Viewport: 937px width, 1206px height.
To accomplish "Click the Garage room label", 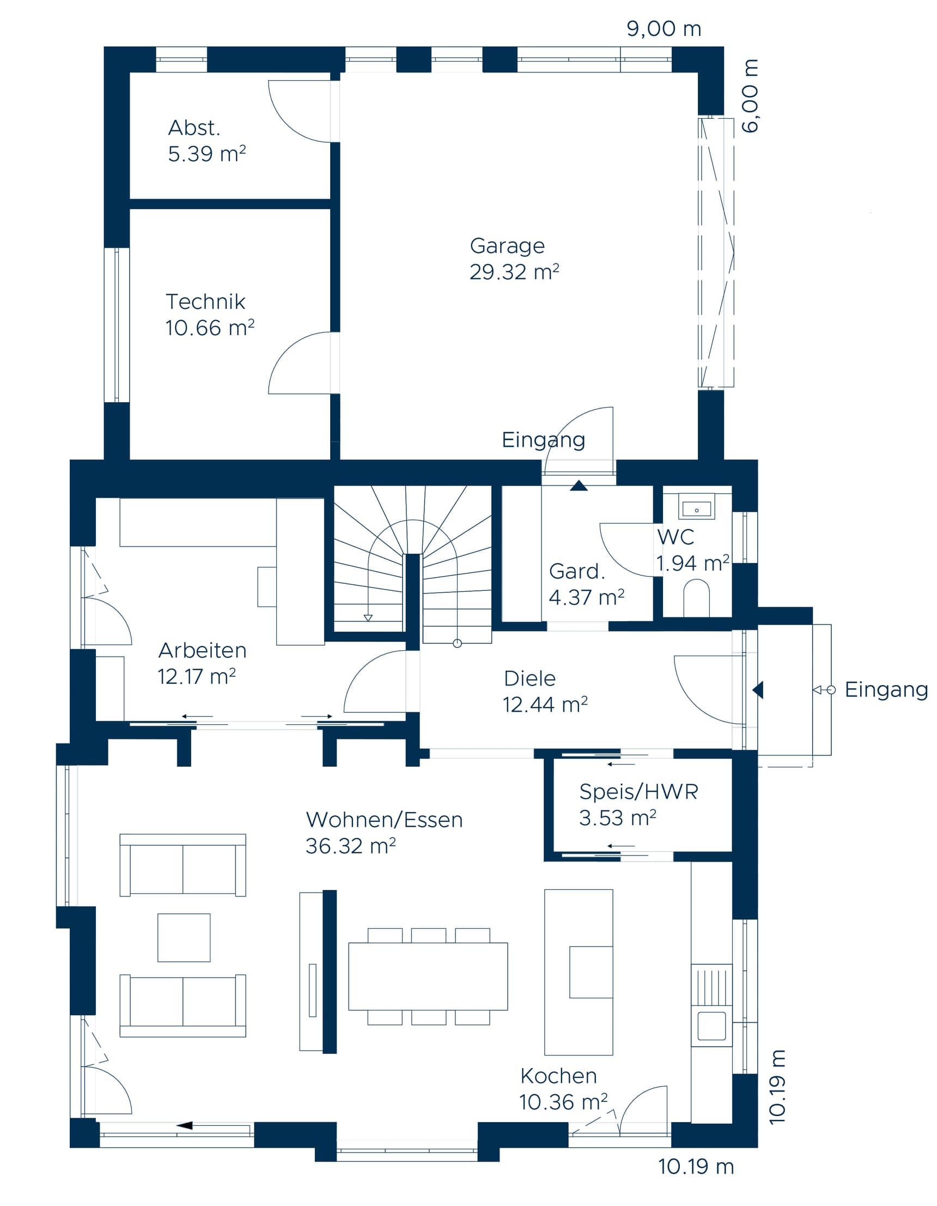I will [x=506, y=246].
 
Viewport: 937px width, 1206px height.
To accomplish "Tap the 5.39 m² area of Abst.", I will [x=206, y=154].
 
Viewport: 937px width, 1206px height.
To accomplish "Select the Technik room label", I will [x=205, y=302].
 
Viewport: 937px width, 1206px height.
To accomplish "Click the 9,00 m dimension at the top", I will [x=663, y=29].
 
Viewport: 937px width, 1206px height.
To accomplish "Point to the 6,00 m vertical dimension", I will [x=749, y=96].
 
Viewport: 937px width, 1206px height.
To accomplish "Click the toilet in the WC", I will [x=696, y=597].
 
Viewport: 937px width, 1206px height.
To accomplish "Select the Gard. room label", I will [x=576, y=572].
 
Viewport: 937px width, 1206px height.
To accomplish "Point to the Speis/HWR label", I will [x=638, y=792].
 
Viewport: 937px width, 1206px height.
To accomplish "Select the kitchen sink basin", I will [x=710, y=1025].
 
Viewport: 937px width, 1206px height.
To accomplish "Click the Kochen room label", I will [x=558, y=1076].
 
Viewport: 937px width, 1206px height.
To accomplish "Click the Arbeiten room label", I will [x=202, y=651].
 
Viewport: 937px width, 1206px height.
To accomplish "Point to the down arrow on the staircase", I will [x=368, y=617].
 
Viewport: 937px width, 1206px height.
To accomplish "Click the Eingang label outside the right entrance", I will [x=885, y=690].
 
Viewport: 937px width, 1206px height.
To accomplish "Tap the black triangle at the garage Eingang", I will [x=578, y=486].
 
